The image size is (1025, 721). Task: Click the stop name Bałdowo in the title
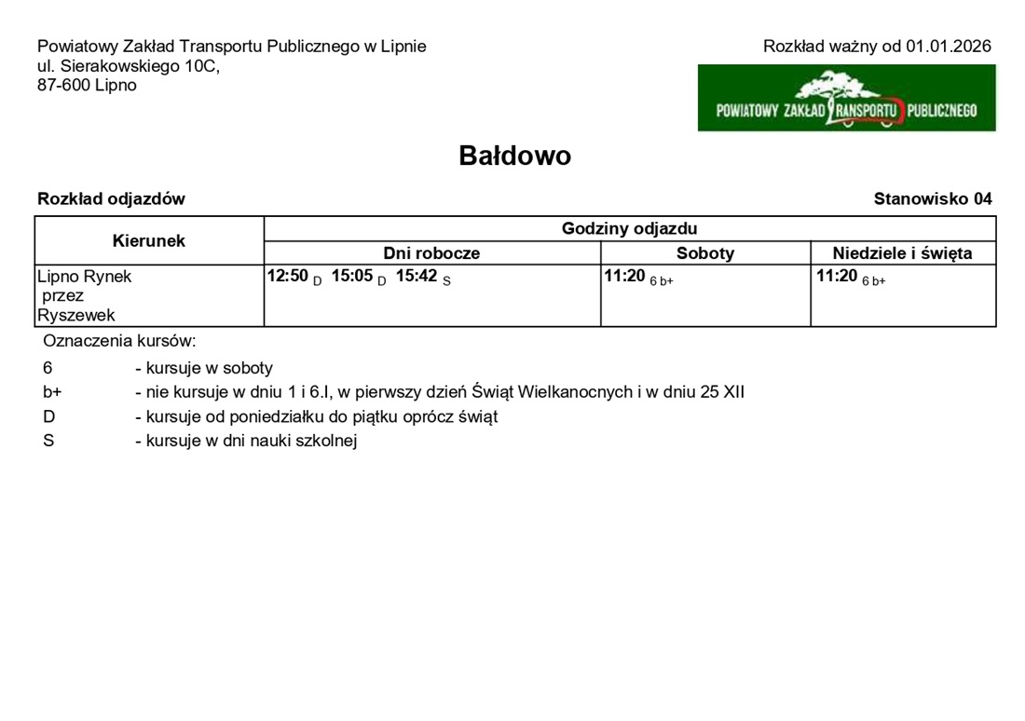[x=514, y=156]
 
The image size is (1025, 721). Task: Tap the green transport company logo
[x=846, y=98]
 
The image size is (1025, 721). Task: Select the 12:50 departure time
[x=287, y=276]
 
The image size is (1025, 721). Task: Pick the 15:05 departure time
[x=352, y=276]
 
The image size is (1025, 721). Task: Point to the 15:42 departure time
[x=417, y=276]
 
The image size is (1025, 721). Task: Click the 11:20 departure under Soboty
[x=624, y=276]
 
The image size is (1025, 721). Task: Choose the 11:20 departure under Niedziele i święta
[x=837, y=276]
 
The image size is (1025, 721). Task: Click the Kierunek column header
[x=149, y=240]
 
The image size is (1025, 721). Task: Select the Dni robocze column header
[x=431, y=253]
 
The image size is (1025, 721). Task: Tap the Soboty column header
[x=705, y=253]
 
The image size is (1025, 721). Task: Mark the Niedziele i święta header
[x=902, y=253]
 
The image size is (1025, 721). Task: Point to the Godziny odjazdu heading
[x=629, y=228]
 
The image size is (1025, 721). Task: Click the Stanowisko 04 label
[x=933, y=198]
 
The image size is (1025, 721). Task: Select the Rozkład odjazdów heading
[x=111, y=198]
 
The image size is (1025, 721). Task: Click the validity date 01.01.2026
[x=948, y=47]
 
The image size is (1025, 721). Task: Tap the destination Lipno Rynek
[x=85, y=277]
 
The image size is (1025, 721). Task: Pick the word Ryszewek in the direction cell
[x=76, y=316]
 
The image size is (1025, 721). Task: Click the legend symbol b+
[x=52, y=392]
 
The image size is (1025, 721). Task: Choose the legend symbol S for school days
[x=48, y=441]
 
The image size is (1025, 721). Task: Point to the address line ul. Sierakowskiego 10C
[x=129, y=66]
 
